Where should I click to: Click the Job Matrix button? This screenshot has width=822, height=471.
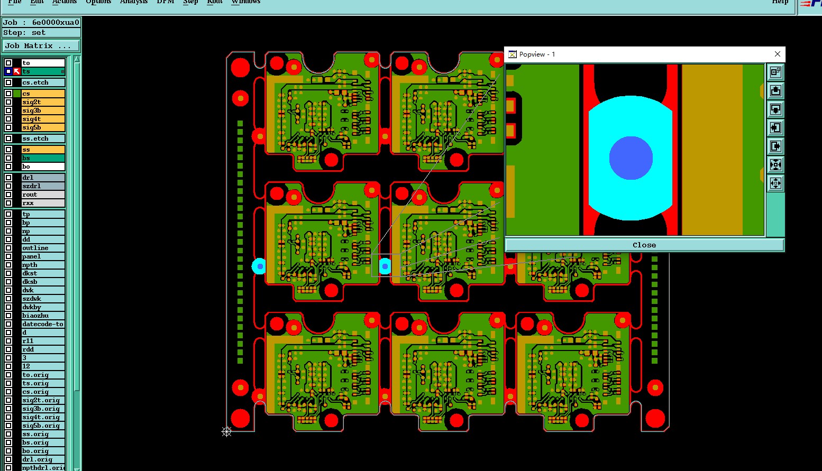coord(41,46)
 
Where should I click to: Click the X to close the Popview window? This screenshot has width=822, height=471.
coord(777,54)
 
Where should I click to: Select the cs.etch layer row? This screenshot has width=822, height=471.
coord(43,82)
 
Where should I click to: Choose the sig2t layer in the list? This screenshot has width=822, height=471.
coord(43,102)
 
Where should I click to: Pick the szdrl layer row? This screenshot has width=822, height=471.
coord(43,186)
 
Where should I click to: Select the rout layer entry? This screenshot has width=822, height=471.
coord(43,195)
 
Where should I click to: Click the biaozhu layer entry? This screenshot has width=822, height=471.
coord(43,316)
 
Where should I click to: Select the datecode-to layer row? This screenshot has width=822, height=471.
coord(43,324)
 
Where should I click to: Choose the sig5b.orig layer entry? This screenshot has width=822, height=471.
coord(43,426)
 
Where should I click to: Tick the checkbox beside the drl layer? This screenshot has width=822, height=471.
coord(8,178)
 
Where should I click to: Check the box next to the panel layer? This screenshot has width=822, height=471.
coord(8,256)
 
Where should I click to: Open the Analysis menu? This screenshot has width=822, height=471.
coord(133,2)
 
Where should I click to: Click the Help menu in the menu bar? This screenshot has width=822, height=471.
coord(780,2)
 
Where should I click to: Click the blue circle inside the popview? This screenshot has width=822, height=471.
coord(631,158)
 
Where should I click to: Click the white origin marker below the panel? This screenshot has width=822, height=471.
coord(226,432)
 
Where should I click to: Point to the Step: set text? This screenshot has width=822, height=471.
coord(24,33)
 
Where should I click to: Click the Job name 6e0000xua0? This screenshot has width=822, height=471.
coord(55,22)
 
